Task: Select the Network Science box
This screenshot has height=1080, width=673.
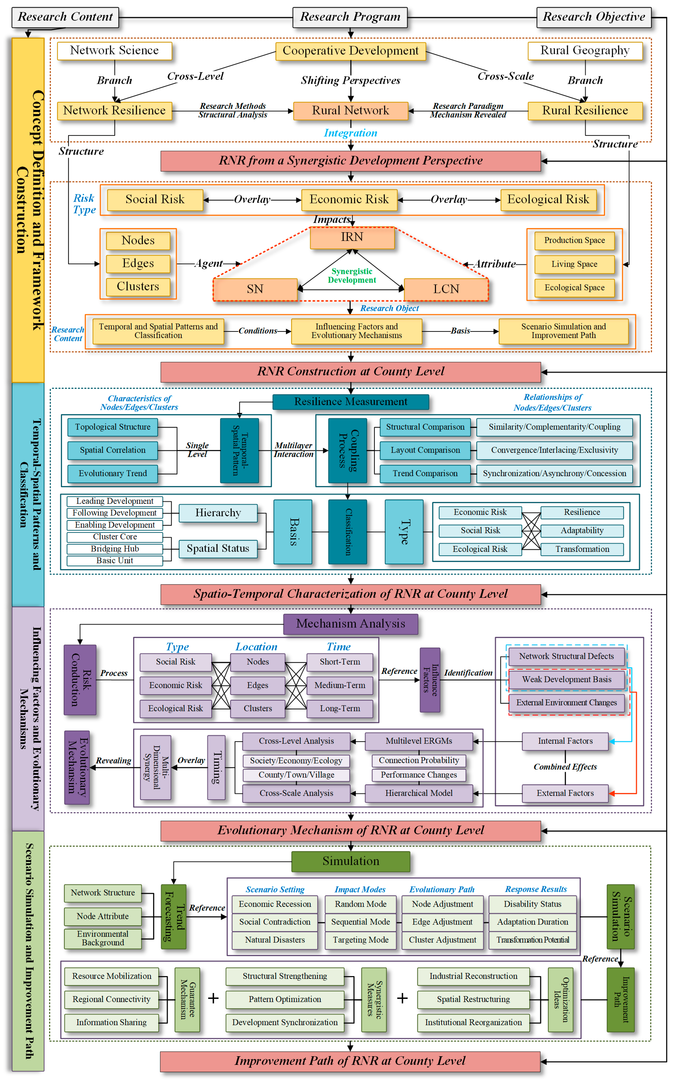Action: click(114, 50)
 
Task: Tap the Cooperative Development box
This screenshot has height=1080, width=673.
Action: click(350, 51)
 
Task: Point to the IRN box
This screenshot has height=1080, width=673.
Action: click(352, 237)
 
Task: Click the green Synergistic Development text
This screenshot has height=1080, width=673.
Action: click(352, 275)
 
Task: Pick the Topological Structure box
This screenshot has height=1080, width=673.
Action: click(113, 427)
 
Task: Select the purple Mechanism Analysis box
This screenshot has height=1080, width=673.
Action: click(350, 623)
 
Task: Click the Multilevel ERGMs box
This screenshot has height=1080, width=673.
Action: click(418, 741)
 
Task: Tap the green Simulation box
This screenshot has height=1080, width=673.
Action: click(350, 861)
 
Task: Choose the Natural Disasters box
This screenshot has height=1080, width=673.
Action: click(275, 940)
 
